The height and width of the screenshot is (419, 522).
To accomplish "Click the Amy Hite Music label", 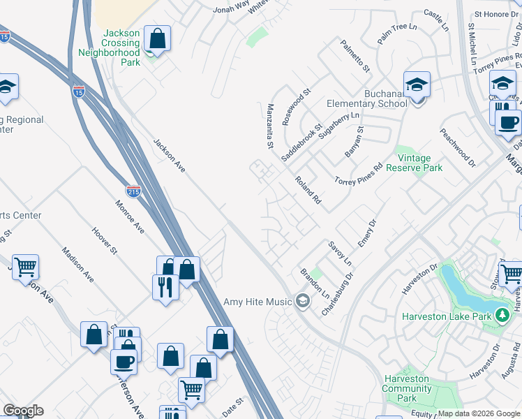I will (257, 302).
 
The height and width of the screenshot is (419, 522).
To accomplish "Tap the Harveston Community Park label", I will (407, 388).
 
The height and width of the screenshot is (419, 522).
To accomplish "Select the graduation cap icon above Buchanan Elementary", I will (417, 85).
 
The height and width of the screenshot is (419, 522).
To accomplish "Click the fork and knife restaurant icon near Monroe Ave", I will (165, 286).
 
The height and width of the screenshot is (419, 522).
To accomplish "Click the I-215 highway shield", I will (135, 191).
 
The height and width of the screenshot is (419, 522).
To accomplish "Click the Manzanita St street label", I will (269, 126).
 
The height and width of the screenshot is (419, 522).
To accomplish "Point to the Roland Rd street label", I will (307, 189).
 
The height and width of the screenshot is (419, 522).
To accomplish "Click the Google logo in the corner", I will (23, 411).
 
